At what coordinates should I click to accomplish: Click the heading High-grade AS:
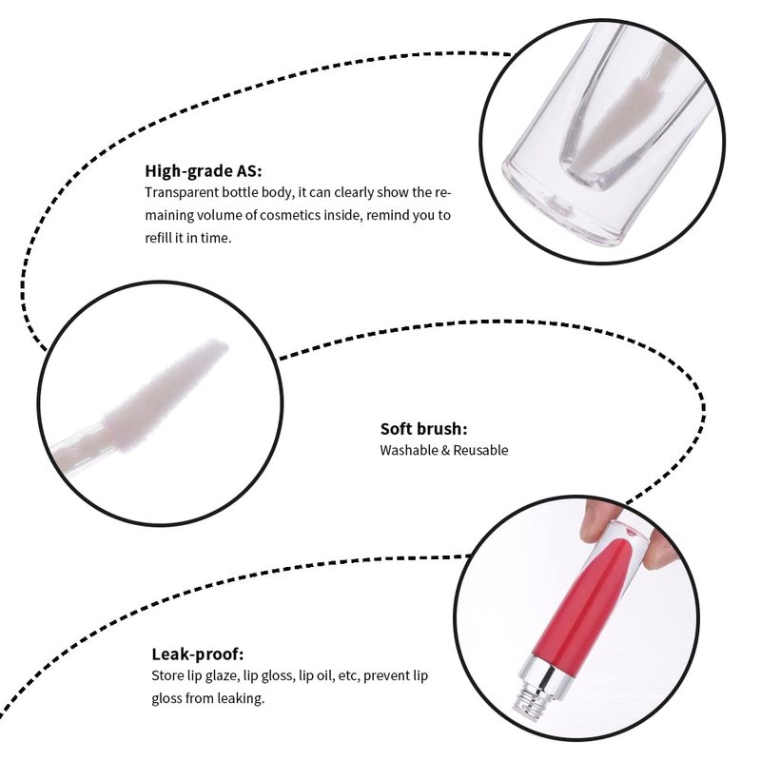coord(204,171)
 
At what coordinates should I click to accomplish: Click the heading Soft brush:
coord(423,429)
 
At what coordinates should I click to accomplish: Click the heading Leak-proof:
coord(198,654)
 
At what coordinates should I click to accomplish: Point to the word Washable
coord(409,450)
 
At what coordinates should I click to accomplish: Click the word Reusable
coord(480,450)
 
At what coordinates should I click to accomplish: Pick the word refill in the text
coord(158,238)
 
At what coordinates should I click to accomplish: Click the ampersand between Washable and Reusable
coord(445,450)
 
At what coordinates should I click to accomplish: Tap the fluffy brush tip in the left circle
coord(165,396)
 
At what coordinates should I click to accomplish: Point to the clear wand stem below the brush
coord(80,446)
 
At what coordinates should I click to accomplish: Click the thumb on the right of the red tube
coord(659,549)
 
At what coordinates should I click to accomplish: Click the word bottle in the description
coord(241,192)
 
